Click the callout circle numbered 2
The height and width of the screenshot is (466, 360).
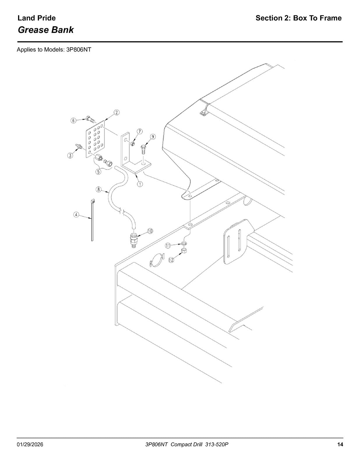[x=116, y=112]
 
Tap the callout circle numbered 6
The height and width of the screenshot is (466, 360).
[x=74, y=121]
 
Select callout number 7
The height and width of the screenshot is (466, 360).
[x=140, y=131]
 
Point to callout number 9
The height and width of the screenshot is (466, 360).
[x=153, y=137]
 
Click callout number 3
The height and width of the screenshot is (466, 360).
[x=70, y=156]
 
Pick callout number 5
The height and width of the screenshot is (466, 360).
[x=98, y=172]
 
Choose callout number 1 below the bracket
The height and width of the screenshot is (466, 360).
[x=140, y=184]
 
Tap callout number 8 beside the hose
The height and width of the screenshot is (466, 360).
[x=98, y=189]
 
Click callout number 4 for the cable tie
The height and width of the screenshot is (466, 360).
[x=76, y=214]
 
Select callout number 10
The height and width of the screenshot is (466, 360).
[x=150, y=231]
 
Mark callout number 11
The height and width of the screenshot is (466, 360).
[x=168, y=246]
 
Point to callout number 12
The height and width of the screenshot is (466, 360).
[x=171, y=260]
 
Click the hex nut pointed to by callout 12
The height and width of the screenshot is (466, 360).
[x=184, y=250]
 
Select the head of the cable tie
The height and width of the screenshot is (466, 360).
[x=93, y=201]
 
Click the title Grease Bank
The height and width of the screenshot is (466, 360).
[x=46, y=30]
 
